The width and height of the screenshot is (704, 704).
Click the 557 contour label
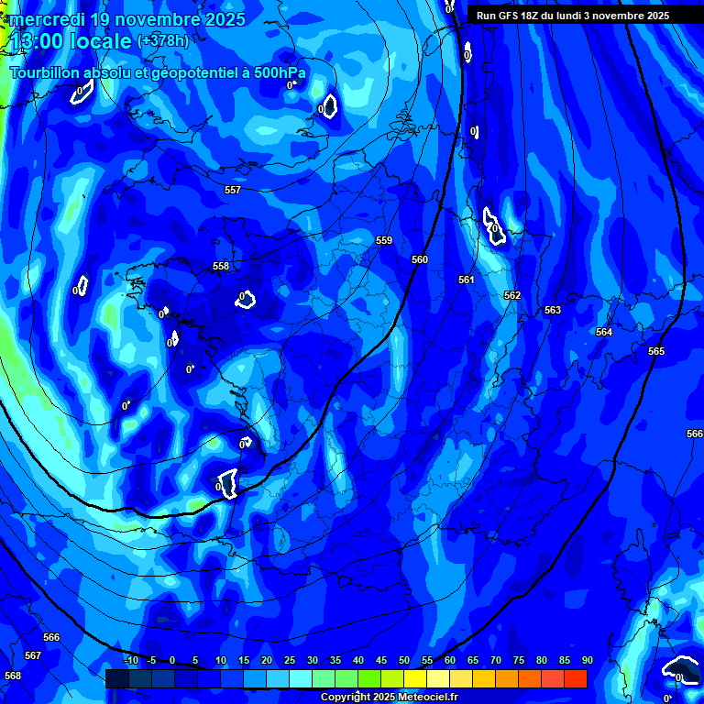pos(233,190)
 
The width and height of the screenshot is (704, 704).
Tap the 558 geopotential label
pos(221,267)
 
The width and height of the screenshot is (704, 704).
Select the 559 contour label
pos(384,241)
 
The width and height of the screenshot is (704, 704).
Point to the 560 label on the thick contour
pos(420,260)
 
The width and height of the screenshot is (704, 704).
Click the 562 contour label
pos(512,295)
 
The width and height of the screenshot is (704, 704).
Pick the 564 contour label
pos(604,332)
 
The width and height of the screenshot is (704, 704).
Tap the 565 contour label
pos(656,351)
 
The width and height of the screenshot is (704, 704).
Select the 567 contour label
pos(33,655)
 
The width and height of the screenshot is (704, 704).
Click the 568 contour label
pos(13,676)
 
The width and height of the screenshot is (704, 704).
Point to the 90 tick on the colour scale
pos(587,660)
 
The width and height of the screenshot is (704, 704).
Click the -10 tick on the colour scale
pos(130,660)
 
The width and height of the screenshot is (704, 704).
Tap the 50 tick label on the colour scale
pos(403,660)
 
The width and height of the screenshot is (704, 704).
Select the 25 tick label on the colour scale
pos(290,660)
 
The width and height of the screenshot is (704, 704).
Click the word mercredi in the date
pos(46,19)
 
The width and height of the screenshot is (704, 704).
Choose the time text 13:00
pos(38,41)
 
